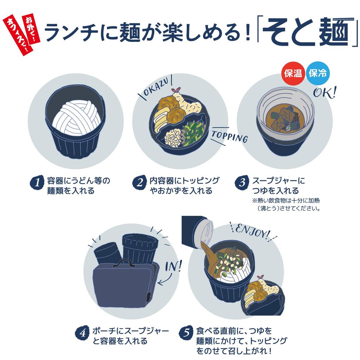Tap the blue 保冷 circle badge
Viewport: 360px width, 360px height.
pos(317,73)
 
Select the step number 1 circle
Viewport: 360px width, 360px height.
pos(37,182)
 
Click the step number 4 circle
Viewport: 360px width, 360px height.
pos(82,333)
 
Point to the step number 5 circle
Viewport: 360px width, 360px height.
pos(186,333)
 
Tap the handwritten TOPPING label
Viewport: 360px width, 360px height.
pos(229,137)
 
